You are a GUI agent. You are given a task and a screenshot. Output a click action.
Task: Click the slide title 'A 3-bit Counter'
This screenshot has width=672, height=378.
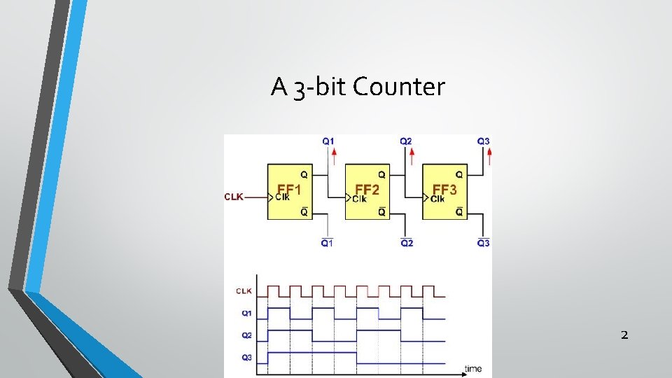358,87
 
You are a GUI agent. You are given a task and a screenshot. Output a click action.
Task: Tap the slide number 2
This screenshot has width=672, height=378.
624,335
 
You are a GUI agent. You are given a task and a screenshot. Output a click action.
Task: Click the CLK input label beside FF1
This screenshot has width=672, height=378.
234,197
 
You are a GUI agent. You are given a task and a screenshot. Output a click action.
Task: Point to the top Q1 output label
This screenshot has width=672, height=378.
328,141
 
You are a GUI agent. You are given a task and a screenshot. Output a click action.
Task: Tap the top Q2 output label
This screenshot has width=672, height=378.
405,141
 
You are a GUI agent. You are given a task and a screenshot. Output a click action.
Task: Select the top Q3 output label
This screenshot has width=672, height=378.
483,141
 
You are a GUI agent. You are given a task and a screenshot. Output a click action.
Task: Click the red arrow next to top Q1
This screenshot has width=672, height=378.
334,155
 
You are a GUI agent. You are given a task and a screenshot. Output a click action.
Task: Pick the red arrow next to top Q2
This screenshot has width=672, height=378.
412,155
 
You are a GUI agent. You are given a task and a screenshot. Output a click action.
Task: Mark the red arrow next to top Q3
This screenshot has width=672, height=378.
489,155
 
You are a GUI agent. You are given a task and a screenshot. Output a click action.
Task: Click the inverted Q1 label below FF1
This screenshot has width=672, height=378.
328,243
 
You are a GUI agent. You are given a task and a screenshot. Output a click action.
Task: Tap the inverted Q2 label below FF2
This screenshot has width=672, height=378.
406,243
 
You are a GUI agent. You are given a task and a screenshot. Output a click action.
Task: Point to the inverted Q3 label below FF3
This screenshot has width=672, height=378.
483,243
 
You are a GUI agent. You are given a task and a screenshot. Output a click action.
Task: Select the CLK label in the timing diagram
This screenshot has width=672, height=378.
244,290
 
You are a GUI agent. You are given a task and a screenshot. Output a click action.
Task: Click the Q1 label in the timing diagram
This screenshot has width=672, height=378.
246,313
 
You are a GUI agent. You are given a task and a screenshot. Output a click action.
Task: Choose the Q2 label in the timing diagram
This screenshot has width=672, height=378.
246,335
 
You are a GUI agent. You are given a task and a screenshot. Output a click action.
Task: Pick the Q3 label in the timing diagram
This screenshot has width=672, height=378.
246,358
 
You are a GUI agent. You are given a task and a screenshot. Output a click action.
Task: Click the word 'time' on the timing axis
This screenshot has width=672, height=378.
474,368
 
